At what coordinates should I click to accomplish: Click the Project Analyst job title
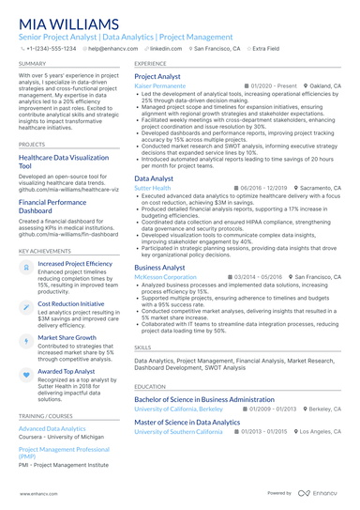[157, 75]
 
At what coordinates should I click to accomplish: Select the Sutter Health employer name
[153, 188]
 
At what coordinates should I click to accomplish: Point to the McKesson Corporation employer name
[166, 278]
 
